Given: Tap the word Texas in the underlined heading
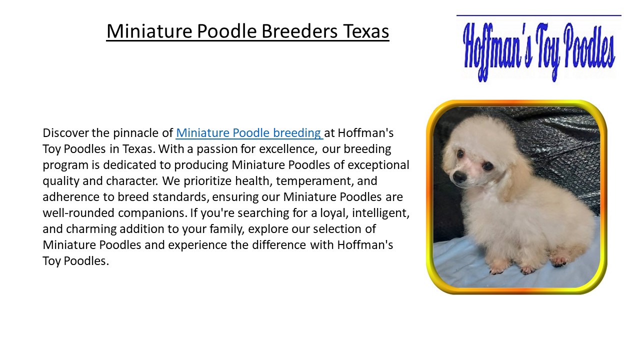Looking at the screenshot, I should (366, 31).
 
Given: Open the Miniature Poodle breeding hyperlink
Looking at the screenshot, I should (249, 133).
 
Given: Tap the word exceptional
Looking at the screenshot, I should (378, 165).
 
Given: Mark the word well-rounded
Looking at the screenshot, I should (78, 213).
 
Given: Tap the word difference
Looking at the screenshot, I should (276, 245).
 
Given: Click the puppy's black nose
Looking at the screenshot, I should (459, 176).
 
